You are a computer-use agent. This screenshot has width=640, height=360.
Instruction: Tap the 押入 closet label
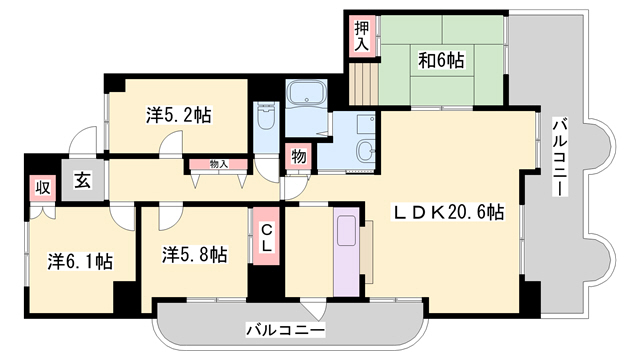click(x=361, y=35)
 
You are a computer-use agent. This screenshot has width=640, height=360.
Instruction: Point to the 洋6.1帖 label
click(x=79, y=261)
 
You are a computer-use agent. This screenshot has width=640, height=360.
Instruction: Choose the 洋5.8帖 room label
click(x=194, y=254)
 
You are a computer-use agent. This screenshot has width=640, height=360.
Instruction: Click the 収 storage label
click(x=42, y=186)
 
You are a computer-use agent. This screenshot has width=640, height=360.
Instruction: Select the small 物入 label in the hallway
click(x=220, y=163)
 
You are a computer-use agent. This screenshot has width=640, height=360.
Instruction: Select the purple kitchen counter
click(x=344, y=253)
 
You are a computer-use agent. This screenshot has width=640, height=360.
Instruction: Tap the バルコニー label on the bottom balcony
click(x=285, y=329)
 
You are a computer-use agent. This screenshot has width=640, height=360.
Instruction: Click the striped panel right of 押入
click(x=363, y=77)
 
